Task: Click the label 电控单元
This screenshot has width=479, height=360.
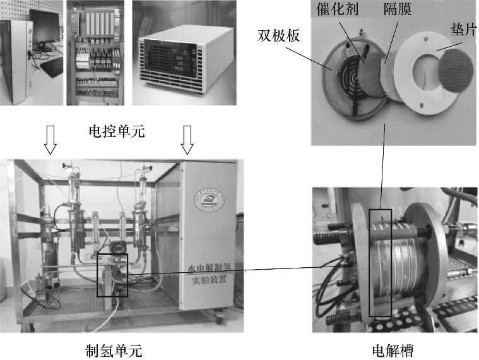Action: [x=118, y=132]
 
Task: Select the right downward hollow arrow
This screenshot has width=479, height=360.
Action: [x=187, y=140]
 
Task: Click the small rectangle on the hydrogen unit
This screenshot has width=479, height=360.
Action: [x=112, y=275]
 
